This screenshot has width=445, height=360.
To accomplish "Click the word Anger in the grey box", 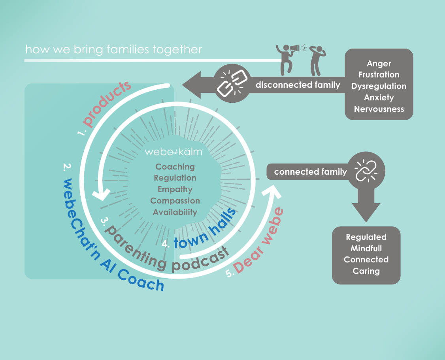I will [379, 64].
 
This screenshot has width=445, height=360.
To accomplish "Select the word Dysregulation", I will [379, 86].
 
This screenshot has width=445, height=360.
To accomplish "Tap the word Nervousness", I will [379, 109].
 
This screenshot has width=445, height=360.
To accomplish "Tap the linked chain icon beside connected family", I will [366, 171].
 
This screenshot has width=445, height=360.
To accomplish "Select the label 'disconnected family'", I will [298, 85].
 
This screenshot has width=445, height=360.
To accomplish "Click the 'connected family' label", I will [310, 172].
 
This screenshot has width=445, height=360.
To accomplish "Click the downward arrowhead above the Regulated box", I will [366, 212].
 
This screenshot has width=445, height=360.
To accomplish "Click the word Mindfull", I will [366, 249].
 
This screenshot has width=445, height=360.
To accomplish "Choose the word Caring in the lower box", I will [366, 271].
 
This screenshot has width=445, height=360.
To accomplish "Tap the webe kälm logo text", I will [174, 152].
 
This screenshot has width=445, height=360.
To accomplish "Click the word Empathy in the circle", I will [175, 189].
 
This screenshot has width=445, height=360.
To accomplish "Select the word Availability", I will [175, 212].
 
